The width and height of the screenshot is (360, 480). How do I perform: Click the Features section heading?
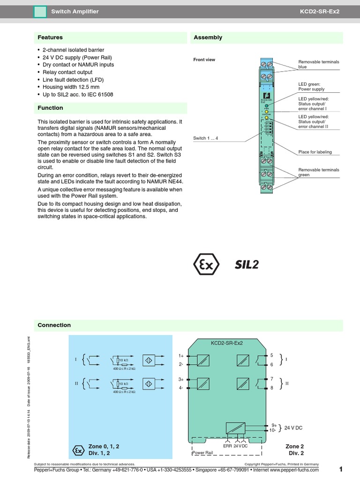50,37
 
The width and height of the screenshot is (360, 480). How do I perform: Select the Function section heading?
50,108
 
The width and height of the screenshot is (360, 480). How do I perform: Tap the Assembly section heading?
208,37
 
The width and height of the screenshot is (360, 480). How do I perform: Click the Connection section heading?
54,325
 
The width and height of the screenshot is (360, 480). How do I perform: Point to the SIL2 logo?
247,265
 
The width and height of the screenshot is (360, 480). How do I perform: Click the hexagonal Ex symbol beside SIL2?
206,265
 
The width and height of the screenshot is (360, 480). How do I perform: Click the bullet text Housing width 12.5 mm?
71,87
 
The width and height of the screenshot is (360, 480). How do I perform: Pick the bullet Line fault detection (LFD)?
74,80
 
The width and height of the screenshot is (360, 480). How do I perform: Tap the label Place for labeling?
315,152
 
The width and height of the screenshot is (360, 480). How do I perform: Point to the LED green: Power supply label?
311,86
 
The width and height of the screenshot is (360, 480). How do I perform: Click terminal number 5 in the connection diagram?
271,356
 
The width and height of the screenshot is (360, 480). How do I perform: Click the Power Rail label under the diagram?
202,453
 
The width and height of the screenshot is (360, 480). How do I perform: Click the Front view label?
204,60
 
